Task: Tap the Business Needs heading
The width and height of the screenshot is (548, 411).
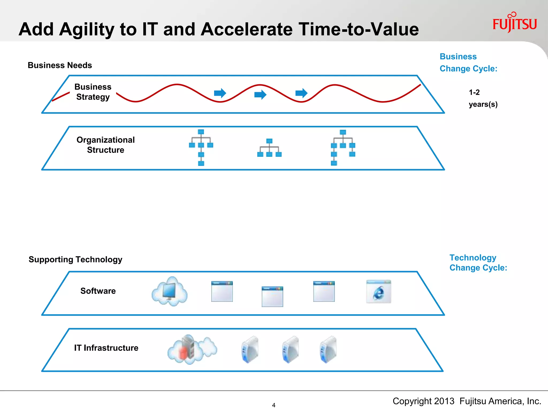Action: (60, 65)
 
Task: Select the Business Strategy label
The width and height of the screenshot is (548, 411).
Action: (93, 92)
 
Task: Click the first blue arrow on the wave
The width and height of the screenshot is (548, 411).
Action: (220, 93)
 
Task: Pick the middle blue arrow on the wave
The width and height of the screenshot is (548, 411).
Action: (260, 94)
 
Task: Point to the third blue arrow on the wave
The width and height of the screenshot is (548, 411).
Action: (301, 93)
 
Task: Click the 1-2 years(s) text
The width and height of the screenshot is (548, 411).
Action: (483, 98)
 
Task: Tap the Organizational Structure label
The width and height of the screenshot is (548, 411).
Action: (105, 145)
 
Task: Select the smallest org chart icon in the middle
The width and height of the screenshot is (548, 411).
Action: (269, 148)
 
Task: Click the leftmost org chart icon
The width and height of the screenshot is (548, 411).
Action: (201, 147)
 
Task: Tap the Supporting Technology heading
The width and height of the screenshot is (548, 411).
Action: (75, 259)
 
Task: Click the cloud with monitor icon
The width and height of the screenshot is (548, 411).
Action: (169, 292)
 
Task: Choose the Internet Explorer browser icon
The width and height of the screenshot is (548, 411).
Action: (378, 292)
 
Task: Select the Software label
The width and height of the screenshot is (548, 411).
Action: (98, 291)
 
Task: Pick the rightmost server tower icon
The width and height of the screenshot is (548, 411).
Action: (328, 349)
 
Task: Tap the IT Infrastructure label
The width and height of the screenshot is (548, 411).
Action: (106, 348)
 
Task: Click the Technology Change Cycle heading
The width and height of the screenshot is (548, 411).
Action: (478, 262)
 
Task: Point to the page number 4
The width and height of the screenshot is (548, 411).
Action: (273, 405)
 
